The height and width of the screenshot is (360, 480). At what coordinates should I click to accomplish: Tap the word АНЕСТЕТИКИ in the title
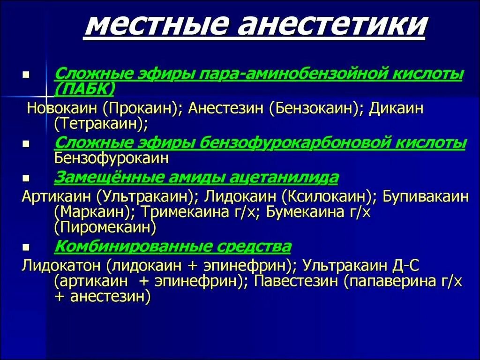(332, 27)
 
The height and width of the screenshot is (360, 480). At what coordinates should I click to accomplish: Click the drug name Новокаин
(63, 108)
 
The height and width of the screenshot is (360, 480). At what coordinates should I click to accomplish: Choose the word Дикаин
(396, 108)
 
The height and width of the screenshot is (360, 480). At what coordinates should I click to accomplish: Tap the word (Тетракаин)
(101, 124)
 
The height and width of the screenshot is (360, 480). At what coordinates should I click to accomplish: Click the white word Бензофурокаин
(111, 158)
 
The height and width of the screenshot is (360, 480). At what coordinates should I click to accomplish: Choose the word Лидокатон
(61, 266)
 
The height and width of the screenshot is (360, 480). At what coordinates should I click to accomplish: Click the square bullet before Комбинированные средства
(27, 247)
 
